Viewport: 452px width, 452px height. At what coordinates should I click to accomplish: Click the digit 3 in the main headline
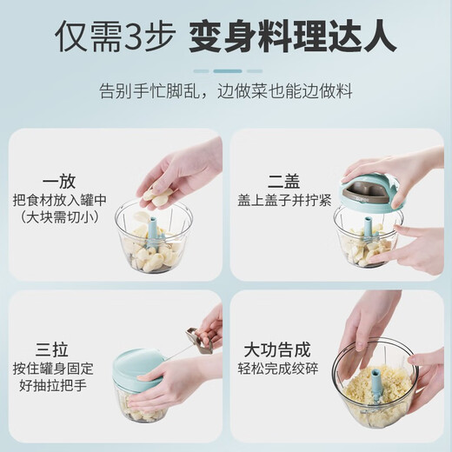134,37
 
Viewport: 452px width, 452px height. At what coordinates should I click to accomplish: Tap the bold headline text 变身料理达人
293,37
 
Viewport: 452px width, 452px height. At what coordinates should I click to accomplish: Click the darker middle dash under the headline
228,71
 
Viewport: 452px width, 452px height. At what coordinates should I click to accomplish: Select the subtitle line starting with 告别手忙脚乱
226,91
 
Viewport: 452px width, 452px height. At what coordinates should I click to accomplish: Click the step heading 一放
59,182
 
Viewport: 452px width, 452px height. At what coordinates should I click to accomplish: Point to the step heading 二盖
284,182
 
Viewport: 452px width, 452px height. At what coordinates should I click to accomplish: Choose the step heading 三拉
52,349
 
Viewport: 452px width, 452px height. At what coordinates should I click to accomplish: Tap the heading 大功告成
277,349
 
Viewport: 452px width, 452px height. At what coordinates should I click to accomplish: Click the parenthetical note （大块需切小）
59,217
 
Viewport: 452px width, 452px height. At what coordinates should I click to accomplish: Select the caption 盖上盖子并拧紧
284,200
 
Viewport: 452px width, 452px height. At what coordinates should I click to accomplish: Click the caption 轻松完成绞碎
278,369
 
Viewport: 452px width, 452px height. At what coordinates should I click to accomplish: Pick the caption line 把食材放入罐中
59,200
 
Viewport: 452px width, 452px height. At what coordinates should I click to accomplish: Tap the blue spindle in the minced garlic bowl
377,384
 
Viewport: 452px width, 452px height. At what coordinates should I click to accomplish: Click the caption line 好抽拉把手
53,385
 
